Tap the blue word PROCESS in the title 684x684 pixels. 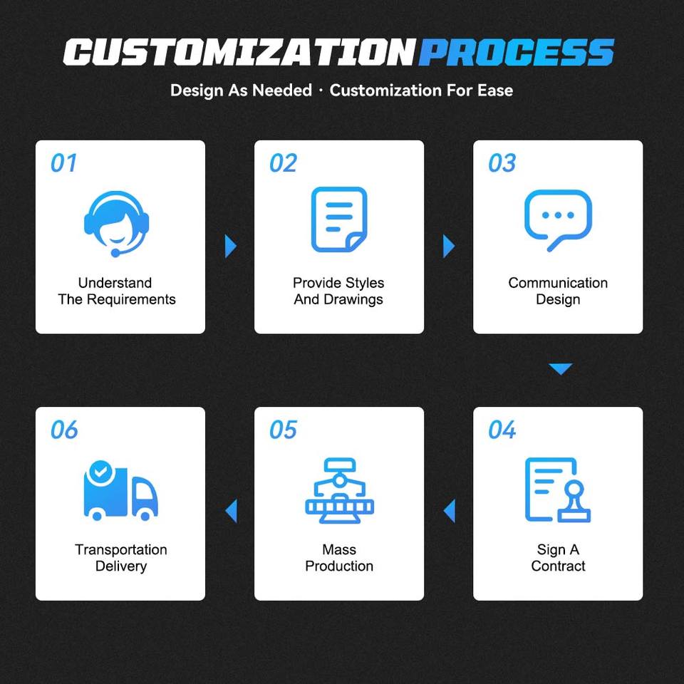(517, 52)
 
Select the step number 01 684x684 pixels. (63, 163)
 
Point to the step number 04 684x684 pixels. (502, 430)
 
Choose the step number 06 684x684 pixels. (64, 430)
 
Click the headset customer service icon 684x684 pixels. (116, 224)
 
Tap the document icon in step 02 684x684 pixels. (339, 219)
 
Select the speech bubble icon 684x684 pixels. (558, 220)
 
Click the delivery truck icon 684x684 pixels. (120, 491)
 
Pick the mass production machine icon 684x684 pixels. (339, 490)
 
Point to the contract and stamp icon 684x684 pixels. (557, 490)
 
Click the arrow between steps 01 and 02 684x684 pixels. (230, 247)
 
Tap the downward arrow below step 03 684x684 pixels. (561, 369)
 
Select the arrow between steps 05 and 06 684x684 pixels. (231, 511)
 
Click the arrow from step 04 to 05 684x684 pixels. (450, 511)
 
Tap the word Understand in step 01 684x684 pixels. (115, 283)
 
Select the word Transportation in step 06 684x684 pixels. (121, 549)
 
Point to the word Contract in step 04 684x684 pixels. (558, 566)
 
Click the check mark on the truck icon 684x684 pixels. (100, 471)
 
